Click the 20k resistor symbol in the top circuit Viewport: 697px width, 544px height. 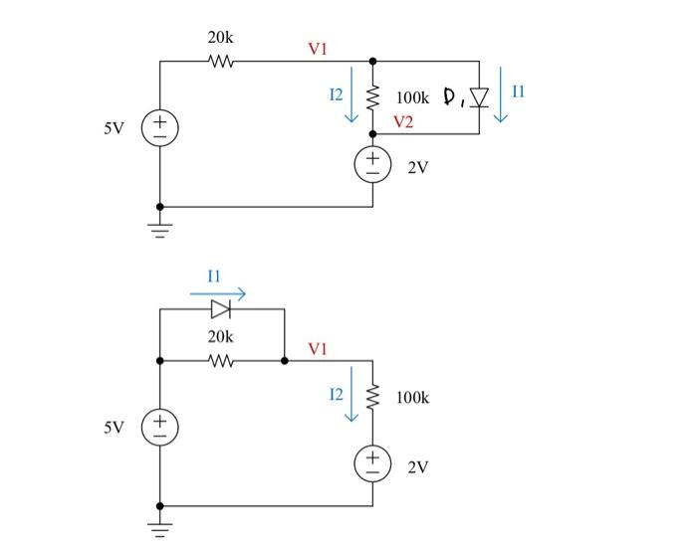221,62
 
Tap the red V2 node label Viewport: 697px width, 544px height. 403,122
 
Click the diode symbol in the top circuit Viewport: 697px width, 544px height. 479,97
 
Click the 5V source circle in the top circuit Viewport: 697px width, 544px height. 159,127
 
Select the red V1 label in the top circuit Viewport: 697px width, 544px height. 318,47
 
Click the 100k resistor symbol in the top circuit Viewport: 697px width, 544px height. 373,97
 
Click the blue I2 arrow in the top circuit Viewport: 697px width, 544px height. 350,103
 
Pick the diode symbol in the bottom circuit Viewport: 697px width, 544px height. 221,309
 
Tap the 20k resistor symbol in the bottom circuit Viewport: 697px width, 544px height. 221,360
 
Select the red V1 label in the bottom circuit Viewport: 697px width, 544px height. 318,348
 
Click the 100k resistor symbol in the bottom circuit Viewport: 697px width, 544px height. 373,398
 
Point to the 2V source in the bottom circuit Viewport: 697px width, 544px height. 373,462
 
